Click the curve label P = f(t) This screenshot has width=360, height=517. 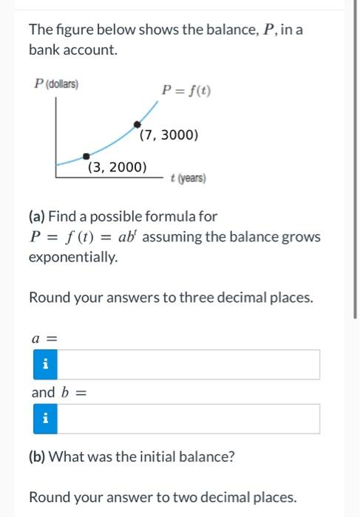point(186,92)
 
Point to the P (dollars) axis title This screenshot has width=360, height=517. point(57,83)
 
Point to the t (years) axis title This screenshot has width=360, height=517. point(188,179)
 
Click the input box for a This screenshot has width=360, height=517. point(189,364)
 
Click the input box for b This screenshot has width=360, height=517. point(189,419)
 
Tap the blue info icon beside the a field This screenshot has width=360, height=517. point(46,364)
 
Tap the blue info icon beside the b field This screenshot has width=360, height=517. point(46,419)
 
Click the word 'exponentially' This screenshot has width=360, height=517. point(72,257)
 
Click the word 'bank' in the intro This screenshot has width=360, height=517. point(43,50)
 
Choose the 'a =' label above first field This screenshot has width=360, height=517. point(44,339)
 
